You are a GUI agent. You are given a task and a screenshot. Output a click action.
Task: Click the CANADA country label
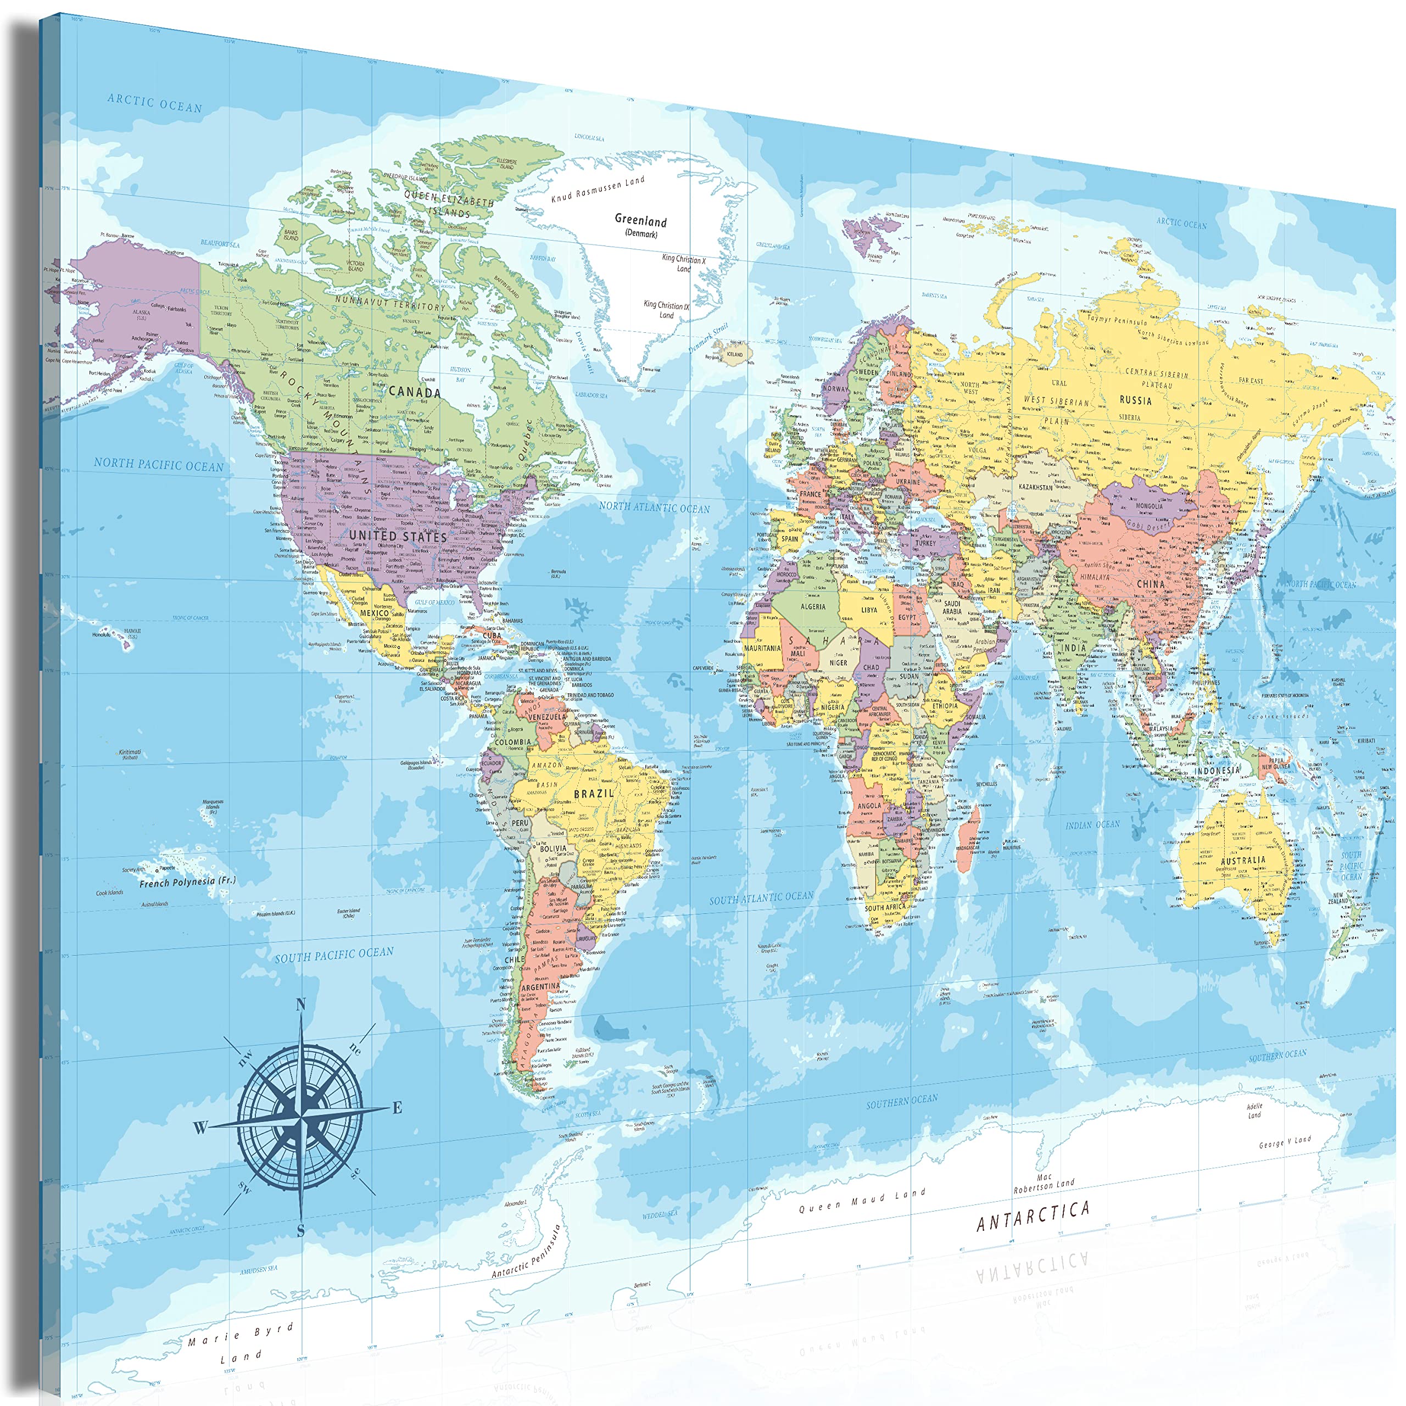415,392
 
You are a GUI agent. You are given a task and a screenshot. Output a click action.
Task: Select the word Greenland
640,220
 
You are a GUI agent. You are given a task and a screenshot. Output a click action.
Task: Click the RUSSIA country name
1135,400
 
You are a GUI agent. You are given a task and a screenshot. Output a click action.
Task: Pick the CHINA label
1151,584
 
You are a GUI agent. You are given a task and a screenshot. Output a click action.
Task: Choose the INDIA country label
1073,647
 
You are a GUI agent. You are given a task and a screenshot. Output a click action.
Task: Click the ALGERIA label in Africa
813,606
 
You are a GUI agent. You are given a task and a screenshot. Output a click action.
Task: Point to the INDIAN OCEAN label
1093,824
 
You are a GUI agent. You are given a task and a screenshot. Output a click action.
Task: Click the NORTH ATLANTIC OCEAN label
654,508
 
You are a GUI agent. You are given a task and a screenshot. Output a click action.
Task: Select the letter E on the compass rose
397,1108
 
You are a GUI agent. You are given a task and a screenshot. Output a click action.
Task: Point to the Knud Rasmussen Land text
598,190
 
